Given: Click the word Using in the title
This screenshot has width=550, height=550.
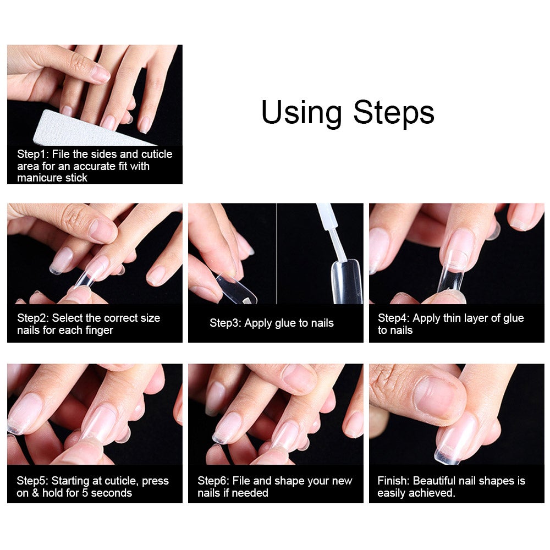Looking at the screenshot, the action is [301, 113].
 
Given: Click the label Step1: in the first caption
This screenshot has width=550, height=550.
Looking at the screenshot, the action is [33, 154].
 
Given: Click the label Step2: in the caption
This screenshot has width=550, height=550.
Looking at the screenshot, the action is [33, 318].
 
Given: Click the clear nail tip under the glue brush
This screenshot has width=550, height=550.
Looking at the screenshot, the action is [346, 282].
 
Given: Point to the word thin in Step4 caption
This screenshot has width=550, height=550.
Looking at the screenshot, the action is [453, 318].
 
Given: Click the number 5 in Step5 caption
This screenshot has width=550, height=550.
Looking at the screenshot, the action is [85, 493].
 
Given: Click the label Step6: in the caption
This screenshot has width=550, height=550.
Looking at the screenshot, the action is [213, 481].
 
